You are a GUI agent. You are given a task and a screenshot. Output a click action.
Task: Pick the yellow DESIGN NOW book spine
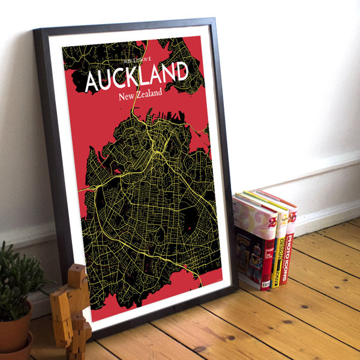coord(277,252)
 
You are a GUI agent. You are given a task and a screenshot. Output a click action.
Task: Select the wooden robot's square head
coord(76,277)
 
